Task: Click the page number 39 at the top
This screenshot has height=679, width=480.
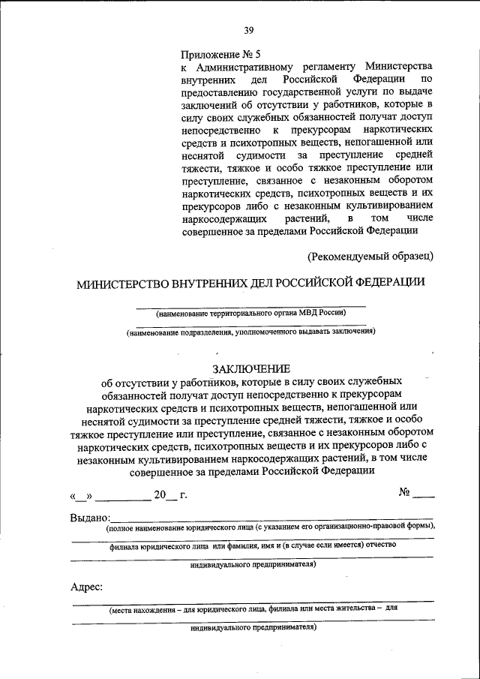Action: coord(248,30)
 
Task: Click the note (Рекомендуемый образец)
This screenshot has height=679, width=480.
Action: coord(370,257)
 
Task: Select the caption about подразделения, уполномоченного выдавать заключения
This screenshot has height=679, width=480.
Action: coord(250,331)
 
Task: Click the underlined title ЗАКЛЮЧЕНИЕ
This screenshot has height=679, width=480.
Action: coord(250,368)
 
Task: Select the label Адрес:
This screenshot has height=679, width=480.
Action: coord(87,587)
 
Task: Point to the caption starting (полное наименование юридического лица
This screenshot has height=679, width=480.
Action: coord(270,527)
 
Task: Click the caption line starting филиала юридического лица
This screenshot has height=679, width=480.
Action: coord(252,547)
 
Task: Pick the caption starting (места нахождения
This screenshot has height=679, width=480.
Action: coord(252,609)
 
